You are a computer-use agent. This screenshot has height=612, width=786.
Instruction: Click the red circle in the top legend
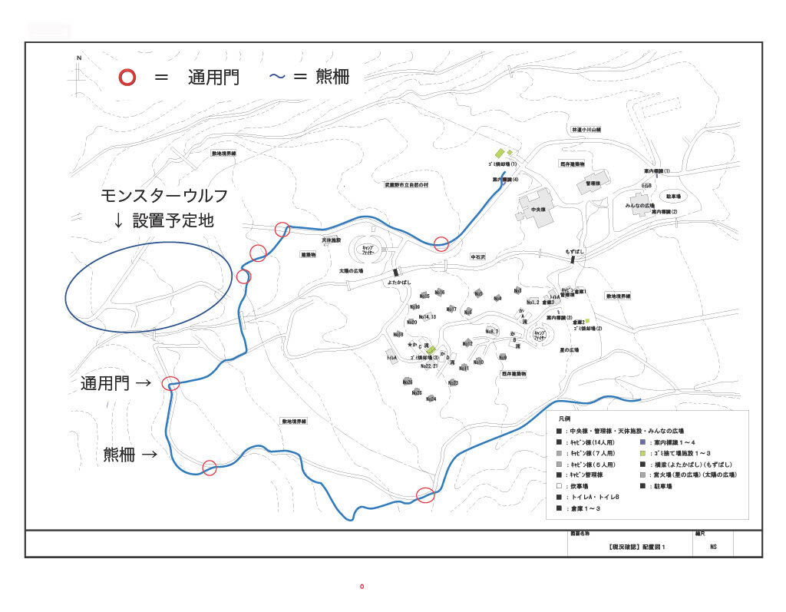pyautogui.click(x=127, y=78)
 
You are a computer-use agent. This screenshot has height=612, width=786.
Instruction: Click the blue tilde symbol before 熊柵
pyautogui.click(x=277, y=77)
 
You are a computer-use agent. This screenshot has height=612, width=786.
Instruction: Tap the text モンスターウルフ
pyautogui.click(x=163, y=195)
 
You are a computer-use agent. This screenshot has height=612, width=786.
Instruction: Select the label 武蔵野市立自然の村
pyautogui.click(x=407, y=185)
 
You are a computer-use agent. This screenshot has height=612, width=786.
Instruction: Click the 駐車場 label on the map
pyautogui.click(x=674, y=197)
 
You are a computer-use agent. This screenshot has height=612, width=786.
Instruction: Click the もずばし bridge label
pyautogui.click(x=575, y=252)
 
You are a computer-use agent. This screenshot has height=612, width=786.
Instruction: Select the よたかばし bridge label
pyautogui.click(x=396, y=283)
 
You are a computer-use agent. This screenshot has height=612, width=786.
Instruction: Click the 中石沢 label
pyautogui.click(x=480, y=257)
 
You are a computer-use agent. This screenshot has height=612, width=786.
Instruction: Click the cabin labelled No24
pyautogui.click(x=431, y=399)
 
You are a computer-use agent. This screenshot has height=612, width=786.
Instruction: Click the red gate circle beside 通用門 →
pyautogui.click(x=172, y=383)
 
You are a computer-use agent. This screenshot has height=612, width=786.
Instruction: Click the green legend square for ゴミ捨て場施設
pyautogui.click(x=642, y=454)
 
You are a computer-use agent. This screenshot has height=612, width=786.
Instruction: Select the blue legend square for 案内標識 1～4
pyautogui.click(x=642, y=443)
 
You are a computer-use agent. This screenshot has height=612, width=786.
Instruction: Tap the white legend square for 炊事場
pyautogui.click(x=560, y=486)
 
